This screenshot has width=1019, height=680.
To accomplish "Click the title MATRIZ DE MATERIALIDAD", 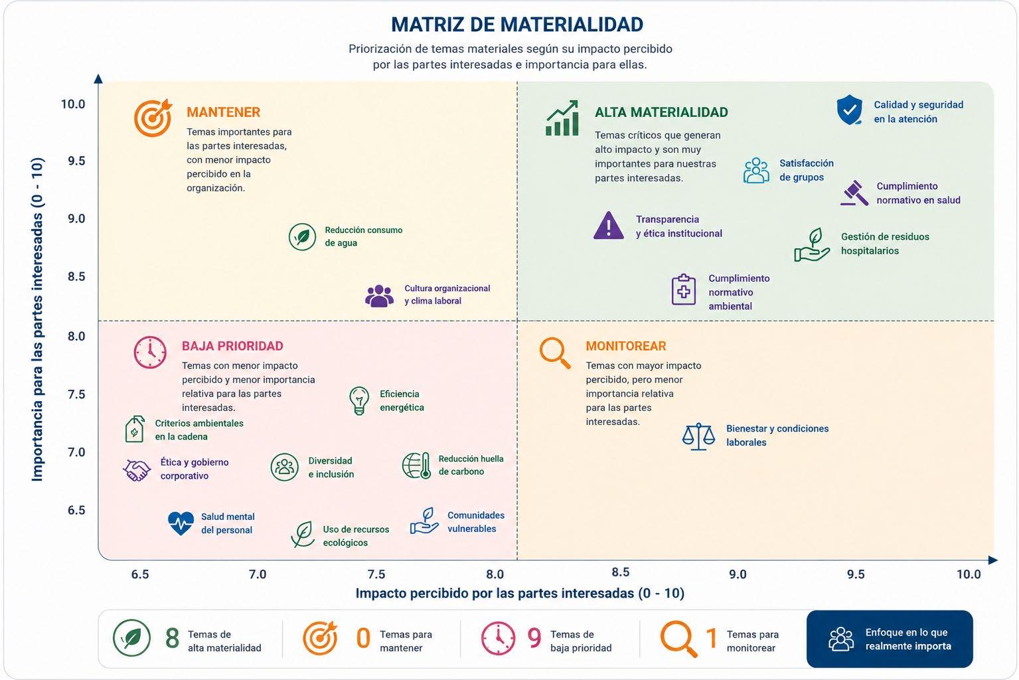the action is pyautogui.click(x=517, y=25).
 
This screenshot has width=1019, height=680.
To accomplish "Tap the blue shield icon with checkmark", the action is pyautogui.click(x=849, y=110).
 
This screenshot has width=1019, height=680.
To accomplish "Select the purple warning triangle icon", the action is pyautogui.click(x=609, y=225).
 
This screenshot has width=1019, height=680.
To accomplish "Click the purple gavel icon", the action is pyautogui.click(x=854, y=193).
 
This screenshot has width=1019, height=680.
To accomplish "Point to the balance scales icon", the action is pyautogui.click(x=698, y=436).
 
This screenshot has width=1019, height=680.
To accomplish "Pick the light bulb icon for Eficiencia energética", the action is pyautogui.click(x=359, y=400).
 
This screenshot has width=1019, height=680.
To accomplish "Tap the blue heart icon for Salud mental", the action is pyautogui.click(x=181, y=523).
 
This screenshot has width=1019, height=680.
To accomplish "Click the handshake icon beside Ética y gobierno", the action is pyautogui.click(x=137, y=470).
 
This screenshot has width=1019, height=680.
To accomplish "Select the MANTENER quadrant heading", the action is pyautogui.click(x=223, y=112).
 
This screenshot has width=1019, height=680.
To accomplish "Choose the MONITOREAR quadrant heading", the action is pyautogui.click(x=625, y=346).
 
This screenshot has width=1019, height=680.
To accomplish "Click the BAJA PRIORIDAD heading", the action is pyautogui.click(x=232, y=346).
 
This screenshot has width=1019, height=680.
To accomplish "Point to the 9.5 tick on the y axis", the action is pyautogui.click(x=76, y=161).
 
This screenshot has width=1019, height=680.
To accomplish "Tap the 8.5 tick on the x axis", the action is pyautogui.click(x=621, y=572).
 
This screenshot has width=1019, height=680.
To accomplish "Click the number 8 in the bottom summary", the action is pyautogui.click(x=172, y=638).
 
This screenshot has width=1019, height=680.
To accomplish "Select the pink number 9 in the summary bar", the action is pyautogui.click(x=534, y=638).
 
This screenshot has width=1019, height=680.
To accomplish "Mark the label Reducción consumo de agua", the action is pyautogui.click(x=364, y=236).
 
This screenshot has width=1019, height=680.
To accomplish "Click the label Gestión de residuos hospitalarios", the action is pyautogui.click(x=885, y=244).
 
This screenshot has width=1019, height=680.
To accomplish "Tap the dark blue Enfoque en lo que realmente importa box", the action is pyautogui.click(x=890, y=639).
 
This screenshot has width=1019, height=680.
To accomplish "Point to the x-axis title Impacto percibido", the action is pyautogui.click(x=520, y=593).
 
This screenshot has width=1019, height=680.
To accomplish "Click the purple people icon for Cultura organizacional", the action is pyautogui.click(x=380, y=296).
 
